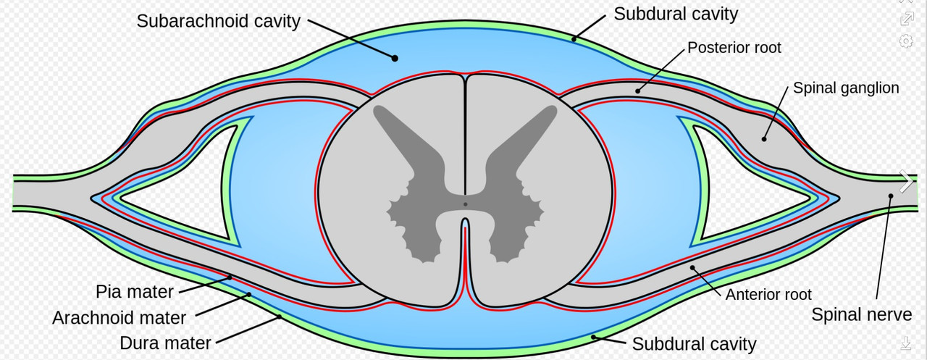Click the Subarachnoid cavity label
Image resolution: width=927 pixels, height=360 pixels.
218,21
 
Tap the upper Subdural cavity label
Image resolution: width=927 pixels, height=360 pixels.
676,13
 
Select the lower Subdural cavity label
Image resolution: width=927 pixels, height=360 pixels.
694,343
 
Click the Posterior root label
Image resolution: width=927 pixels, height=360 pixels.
734,48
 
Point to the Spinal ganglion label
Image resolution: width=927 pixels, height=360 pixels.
846,88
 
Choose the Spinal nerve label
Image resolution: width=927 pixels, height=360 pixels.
861,314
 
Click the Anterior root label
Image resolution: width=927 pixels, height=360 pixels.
768,294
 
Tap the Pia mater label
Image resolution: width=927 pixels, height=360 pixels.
135,292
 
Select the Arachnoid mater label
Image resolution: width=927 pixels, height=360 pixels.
119,317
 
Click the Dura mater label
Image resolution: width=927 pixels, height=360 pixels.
166,343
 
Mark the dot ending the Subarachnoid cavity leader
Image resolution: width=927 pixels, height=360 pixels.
395,57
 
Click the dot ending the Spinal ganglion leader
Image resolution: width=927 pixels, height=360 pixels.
764,137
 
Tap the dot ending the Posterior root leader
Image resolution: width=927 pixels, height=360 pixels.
638,91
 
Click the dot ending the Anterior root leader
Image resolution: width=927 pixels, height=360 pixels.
692,268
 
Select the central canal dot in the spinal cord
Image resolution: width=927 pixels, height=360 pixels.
465,204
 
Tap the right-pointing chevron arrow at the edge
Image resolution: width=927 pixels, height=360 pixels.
906,182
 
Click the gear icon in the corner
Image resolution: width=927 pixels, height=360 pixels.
906,41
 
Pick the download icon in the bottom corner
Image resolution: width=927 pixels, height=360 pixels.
906,342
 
